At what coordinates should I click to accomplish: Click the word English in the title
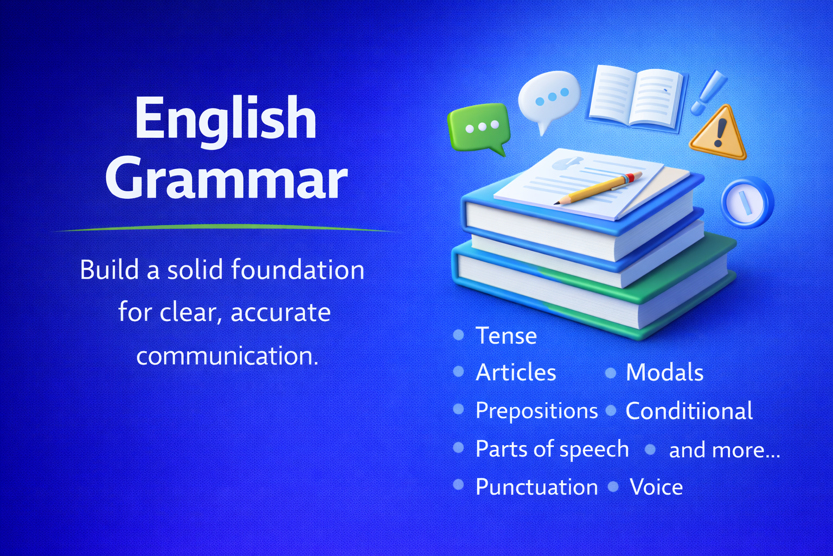tap(226, 118)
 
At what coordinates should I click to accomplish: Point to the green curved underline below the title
tap(227, 229)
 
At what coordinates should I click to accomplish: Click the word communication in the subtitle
tap(227, 356)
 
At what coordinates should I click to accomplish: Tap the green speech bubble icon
tap(478, 128)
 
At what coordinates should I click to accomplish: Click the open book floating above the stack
tap(636, 98)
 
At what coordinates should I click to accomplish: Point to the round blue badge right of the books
tap(747, 203)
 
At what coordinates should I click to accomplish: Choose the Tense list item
tap(506, 336)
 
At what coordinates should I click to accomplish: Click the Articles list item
tap(516, 373)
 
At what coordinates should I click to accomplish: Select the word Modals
tap(664, 373)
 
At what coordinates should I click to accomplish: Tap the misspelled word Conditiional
tap(689, 411)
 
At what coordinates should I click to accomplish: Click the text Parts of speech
tap(552, 449)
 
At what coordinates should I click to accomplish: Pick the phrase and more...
tap(724, 450)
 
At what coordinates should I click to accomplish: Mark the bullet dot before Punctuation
tap(458, 485)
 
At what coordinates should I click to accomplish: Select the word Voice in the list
tap(656, 487)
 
